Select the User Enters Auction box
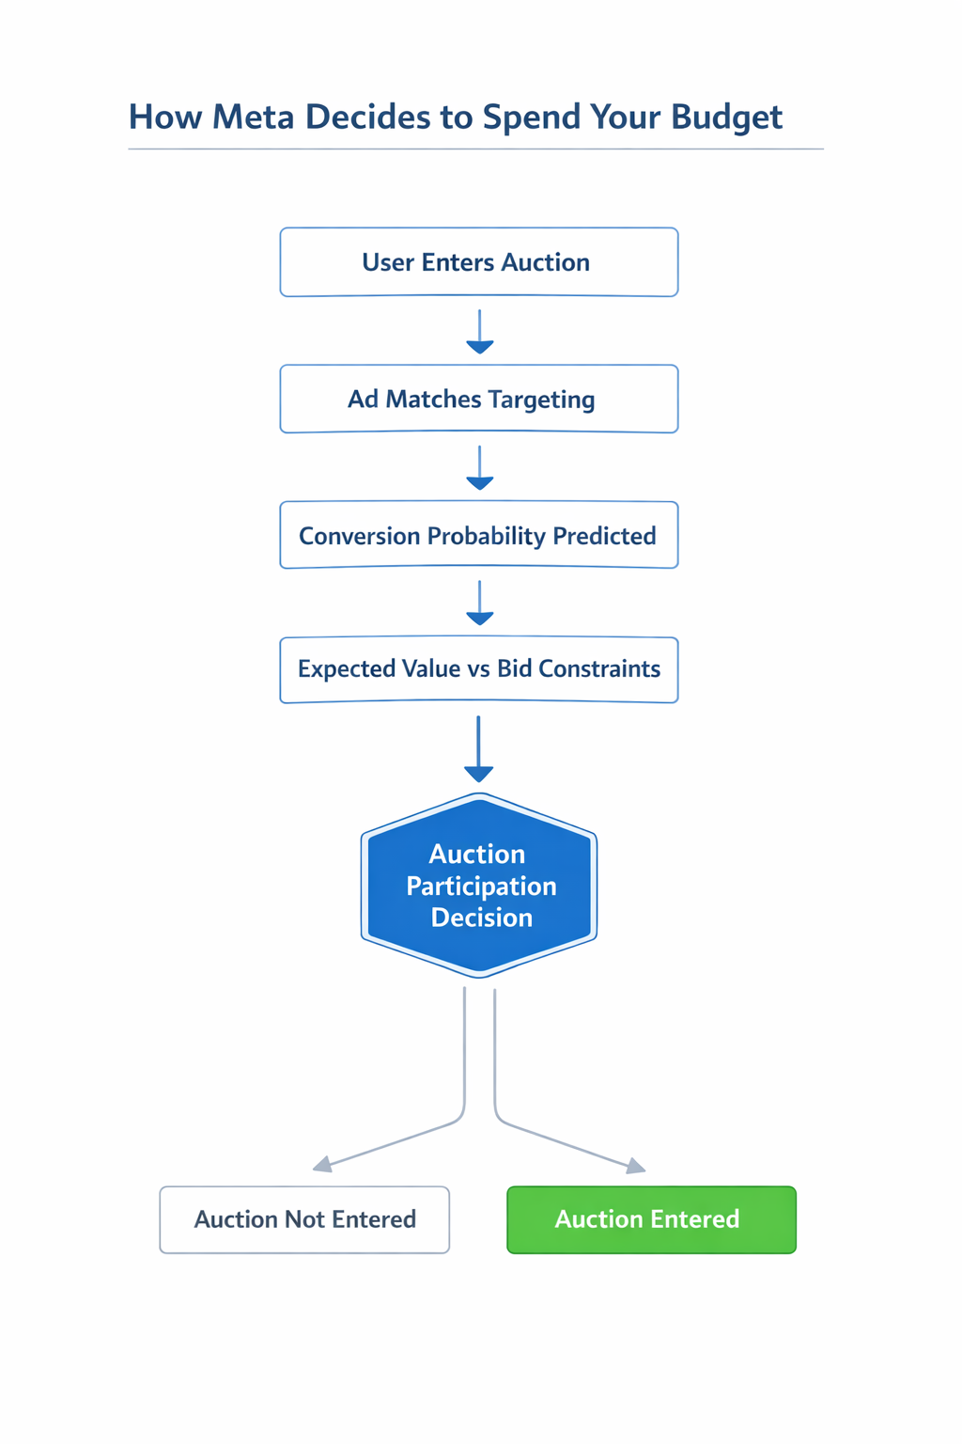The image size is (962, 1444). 478,262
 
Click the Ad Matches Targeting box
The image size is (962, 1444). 478,399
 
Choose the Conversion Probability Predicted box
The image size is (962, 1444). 478,535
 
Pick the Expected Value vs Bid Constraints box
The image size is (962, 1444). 478,669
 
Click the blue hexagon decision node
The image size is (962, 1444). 479,885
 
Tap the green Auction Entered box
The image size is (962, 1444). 651,1219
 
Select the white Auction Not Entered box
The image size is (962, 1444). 304,1219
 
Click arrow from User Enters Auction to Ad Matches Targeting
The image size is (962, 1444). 480,333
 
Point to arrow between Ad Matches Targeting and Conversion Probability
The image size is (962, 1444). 480,469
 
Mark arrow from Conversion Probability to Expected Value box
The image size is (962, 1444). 480,604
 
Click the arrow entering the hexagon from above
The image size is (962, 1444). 479,750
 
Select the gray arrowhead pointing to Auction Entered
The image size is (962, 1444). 636,1167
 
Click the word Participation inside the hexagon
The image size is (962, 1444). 481,886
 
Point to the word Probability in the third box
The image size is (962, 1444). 487,536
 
